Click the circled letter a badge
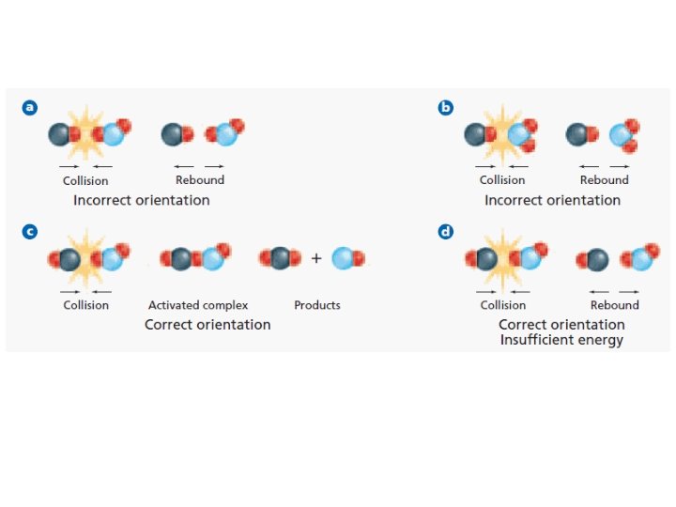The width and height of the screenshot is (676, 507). click(31, 108)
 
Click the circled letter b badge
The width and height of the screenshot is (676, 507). click(446, 108)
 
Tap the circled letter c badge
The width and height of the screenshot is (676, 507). click(31, 232)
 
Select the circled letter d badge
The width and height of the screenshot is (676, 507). click(446, 232)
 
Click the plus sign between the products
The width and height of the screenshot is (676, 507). click(316, 258)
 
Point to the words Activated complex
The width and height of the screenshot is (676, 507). click(198, 305)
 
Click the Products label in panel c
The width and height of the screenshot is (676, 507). click(317, 305)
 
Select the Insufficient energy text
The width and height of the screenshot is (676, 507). click(561, 340)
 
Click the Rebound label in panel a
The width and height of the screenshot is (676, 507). click(200, 180)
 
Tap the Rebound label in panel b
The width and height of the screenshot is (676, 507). click(604, 180)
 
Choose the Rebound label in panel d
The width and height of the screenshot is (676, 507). click(614, 305)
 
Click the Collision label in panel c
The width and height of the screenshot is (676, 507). click(85, 305)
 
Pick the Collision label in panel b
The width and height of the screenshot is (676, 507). click(502, 180)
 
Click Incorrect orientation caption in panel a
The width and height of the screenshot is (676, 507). click(141, 200)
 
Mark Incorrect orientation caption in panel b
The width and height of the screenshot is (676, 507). click(552, 200)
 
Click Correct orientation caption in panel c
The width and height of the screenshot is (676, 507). click(207, 325)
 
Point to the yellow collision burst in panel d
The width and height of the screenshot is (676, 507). click(504, 259)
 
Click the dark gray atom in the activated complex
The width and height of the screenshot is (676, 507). click(181, 258)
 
